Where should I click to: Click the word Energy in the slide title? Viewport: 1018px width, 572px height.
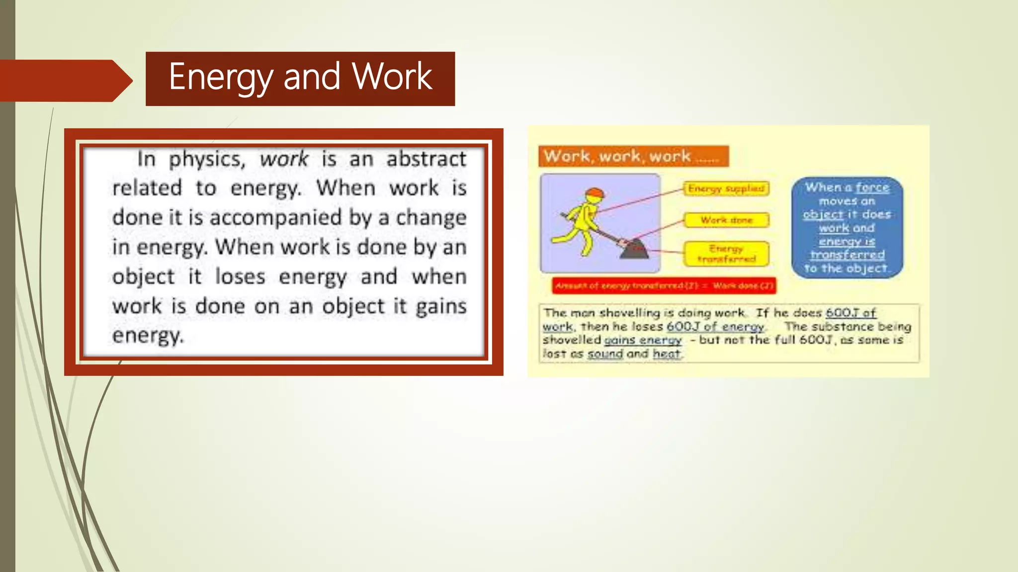coord(221,77)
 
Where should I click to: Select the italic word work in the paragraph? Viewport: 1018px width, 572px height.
coord(284,159)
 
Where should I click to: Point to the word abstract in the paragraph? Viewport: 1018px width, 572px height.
coord(426,159)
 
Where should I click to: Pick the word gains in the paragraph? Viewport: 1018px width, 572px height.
coord(441,306)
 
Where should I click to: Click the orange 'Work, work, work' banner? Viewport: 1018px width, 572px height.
coord(633,156)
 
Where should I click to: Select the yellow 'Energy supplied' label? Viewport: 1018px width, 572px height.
coord(726,189)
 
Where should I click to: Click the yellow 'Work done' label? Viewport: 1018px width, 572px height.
coord(726,220)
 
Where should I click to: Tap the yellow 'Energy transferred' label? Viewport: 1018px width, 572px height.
coord(726,254)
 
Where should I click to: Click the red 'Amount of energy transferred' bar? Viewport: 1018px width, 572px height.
coord(664,286)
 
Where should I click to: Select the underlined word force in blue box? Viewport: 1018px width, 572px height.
coord(872,188)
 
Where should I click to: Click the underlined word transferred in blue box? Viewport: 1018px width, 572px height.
coord(848,255)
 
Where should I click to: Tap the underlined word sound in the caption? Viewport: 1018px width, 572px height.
coord(605,354)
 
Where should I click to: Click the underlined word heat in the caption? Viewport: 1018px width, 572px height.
coord(666,354)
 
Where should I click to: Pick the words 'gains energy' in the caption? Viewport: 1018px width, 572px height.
coord(643,340)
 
